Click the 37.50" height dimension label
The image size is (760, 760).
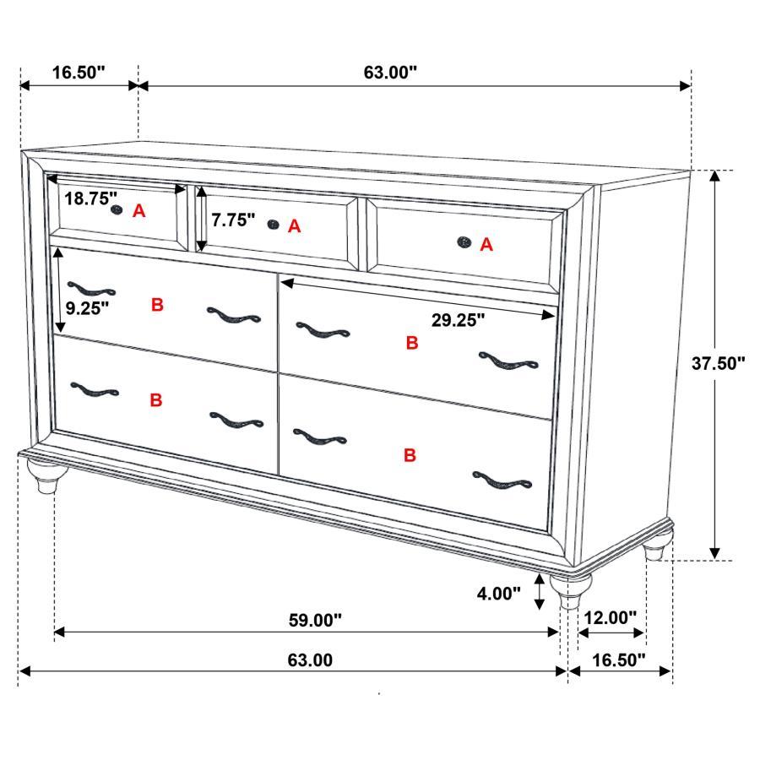(x=719, y=364)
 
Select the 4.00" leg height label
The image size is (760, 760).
(x=500, y=594)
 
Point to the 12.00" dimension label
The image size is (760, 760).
(x=609, y=618)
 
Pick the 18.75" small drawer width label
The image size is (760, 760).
(x=91, y=199)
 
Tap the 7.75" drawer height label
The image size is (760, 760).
(x=233, y=220)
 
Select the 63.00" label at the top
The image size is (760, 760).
(x=390, y=73)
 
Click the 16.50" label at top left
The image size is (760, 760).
(x=79, y=73)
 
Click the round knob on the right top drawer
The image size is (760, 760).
(x=464, y=243)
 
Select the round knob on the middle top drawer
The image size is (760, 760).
(x=273, y=224)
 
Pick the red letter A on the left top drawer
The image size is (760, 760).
(x=139, y=212)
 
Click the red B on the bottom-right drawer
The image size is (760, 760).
(x=410, y=456)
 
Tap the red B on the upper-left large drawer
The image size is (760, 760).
(x=157, y=306)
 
